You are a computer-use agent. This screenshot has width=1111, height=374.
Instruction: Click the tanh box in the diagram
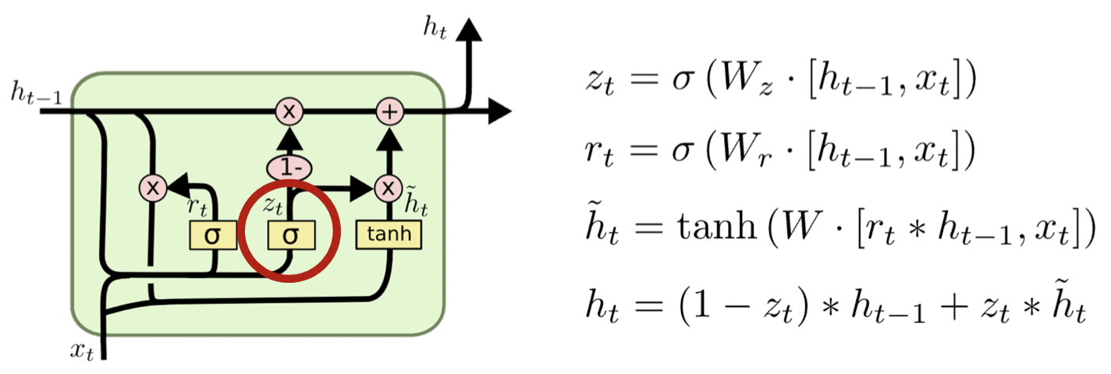click(388, 234)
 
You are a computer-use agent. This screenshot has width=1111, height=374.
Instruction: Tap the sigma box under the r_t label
click(213, 234)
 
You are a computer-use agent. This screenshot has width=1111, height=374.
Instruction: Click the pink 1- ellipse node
click(289, 166)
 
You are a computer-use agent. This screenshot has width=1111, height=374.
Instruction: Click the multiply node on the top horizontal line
click(289, 112)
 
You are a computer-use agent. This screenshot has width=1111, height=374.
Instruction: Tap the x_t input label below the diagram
click(81, 351)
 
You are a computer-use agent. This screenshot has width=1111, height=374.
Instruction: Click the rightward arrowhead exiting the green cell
click(499, 112)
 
